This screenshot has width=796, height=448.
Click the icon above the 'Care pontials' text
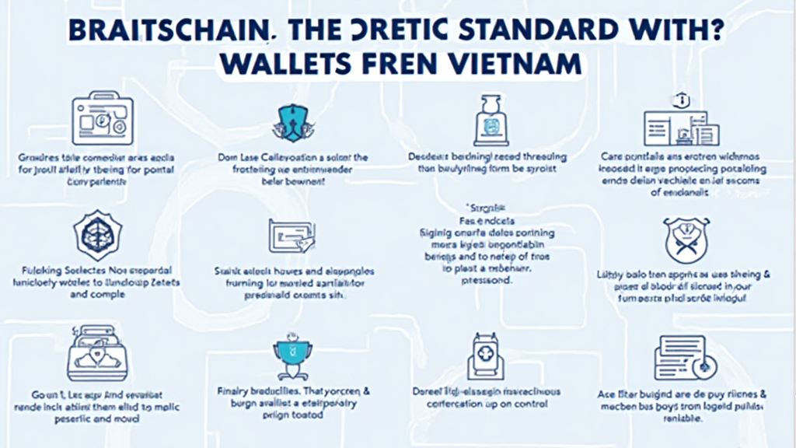[675, 121]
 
